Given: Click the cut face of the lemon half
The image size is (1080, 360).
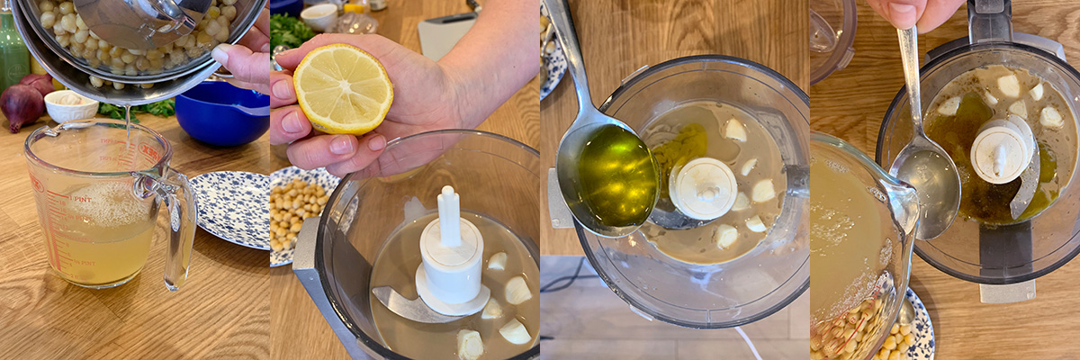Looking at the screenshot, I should [x=343, y=89].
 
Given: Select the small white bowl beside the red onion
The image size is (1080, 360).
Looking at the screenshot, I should [x=71, y=106].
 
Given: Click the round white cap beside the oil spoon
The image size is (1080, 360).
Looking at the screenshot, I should [x=703, y=188].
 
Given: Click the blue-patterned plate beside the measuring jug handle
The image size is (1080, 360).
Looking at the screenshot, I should [x=232, y=207].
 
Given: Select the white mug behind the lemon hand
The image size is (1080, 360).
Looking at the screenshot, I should [x=319, y=16].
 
